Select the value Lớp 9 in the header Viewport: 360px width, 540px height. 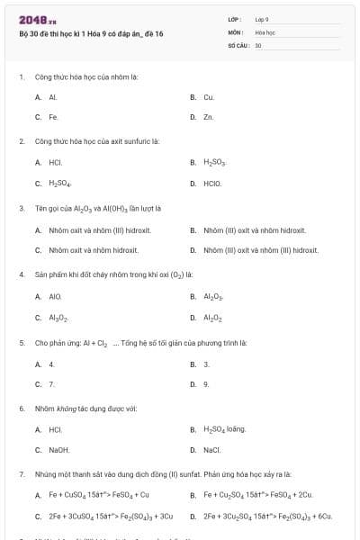[262, 19]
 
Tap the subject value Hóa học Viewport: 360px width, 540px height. [264, 31]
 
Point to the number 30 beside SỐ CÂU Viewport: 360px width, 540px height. [258, 44]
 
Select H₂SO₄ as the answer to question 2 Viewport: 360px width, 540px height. [59, 184]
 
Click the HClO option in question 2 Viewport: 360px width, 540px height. [212, 184]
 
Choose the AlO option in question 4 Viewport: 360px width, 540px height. [55, 295]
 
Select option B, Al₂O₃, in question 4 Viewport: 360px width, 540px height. [212, 295]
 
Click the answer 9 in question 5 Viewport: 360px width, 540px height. [206, 383]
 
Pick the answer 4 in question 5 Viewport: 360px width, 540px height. [51, 364]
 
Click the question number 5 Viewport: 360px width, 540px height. [21, 343]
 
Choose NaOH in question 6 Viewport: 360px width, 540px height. [59, 450]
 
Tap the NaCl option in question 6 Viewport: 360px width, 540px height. [212, 450]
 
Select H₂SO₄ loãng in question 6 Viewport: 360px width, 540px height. [224, 429]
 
